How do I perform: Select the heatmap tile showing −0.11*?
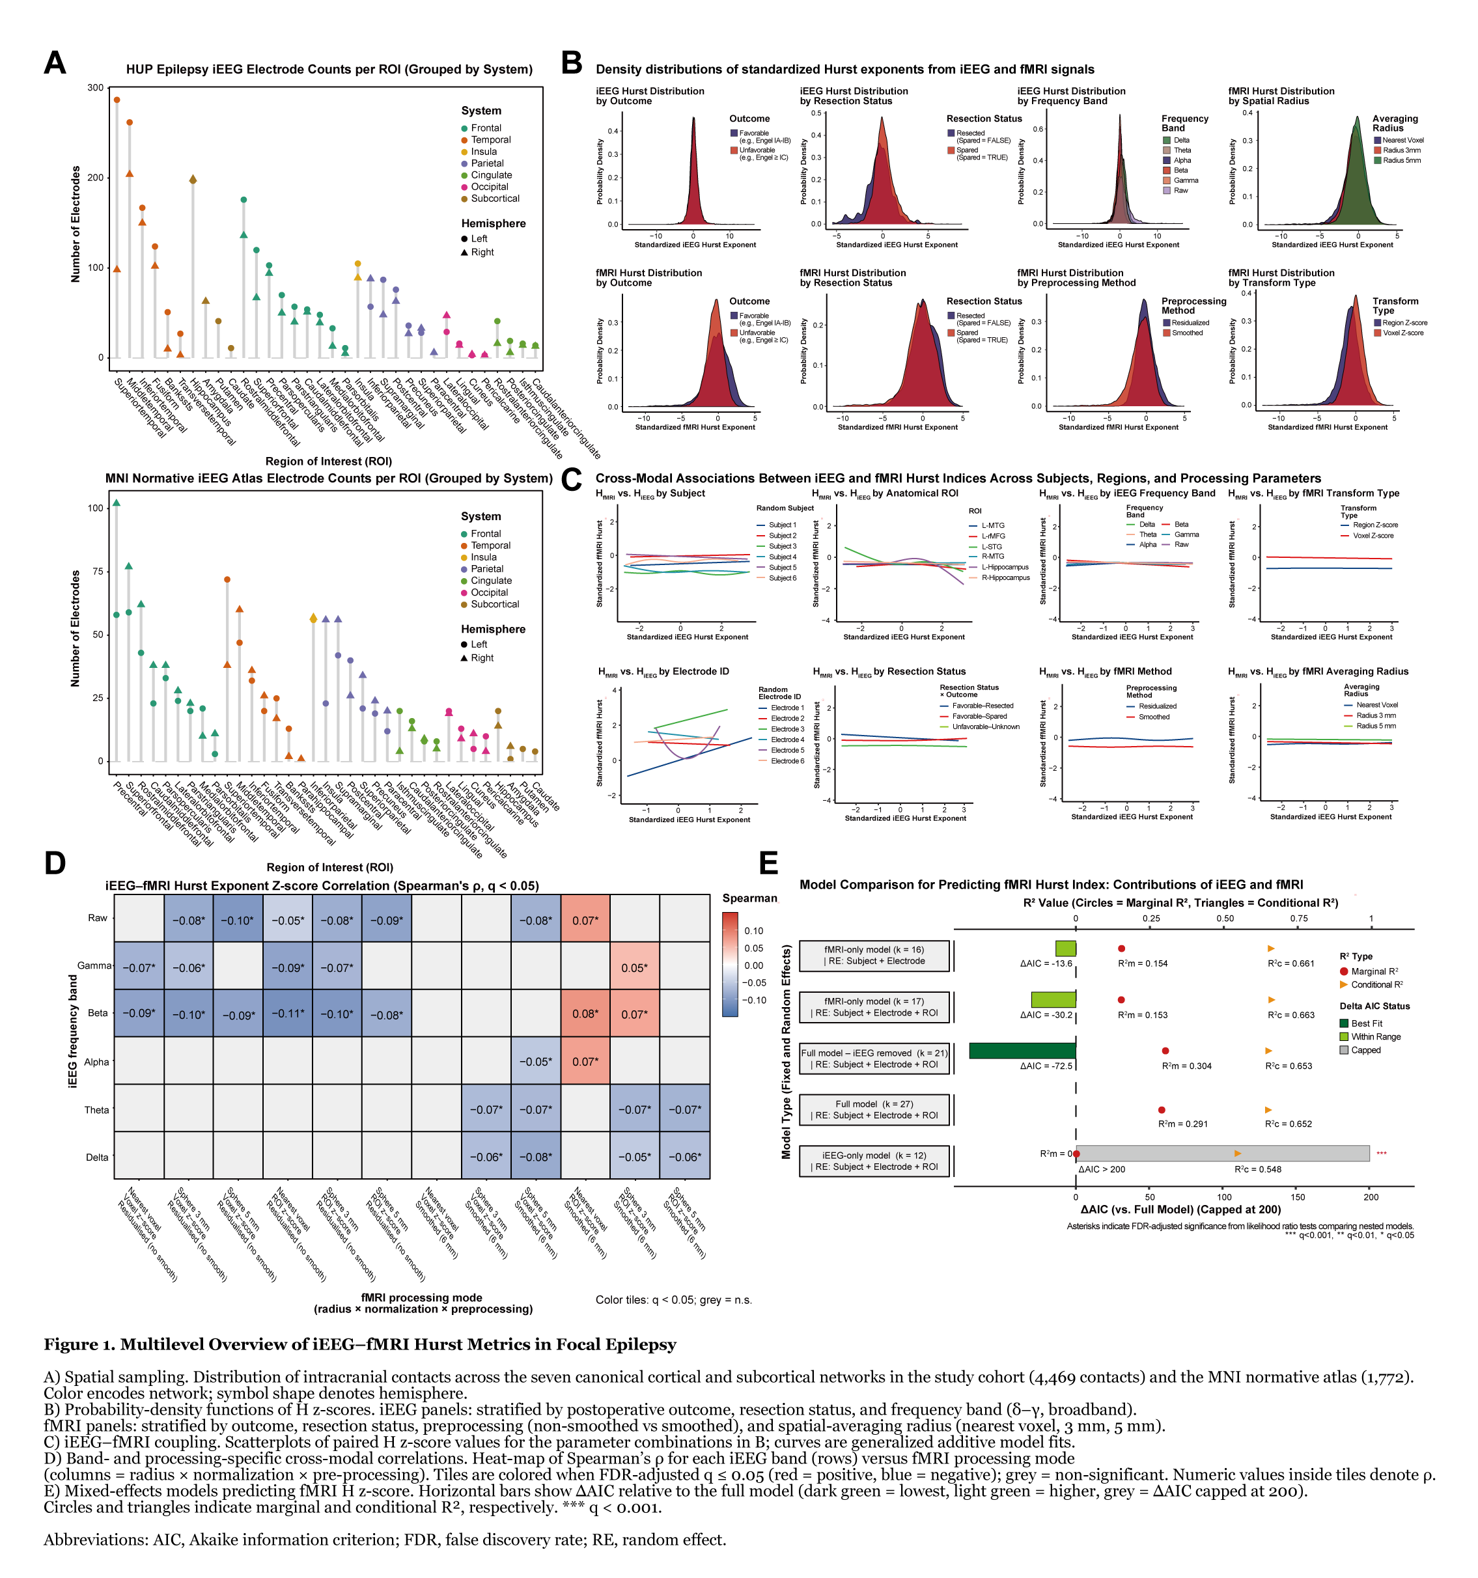pos(287,1014)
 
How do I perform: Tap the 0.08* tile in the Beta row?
pos(585,1014)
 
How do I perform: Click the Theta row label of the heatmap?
pos(97,1110)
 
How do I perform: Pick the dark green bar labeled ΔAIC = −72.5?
pos(1022,1051)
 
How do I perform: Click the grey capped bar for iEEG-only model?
pos(1222,1154)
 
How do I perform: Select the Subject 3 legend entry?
pos(782,546)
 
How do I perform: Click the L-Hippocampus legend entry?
pos(1004,568)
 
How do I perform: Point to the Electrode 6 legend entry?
pos(787,761)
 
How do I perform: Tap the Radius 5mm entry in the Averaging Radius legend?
pos(1402,160)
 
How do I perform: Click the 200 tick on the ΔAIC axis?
pos(1371,1197)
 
